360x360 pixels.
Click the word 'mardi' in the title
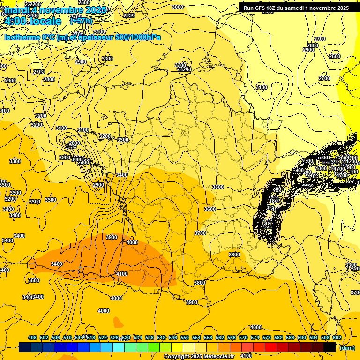click(x=17, y=10)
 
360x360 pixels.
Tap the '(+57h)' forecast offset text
click(x=81, y=21)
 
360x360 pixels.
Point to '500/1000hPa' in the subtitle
click(x=138, y=37)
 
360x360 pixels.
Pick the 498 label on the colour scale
click(x=32, y=337)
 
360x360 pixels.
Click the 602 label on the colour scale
click(x=337, y=337)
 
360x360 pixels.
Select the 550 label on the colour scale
click(x=185, y=337)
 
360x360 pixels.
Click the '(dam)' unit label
click(x=347, y=348)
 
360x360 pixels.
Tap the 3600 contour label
click(x=210, y=210)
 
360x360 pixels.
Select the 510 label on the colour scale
click(x=67, y=337)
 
